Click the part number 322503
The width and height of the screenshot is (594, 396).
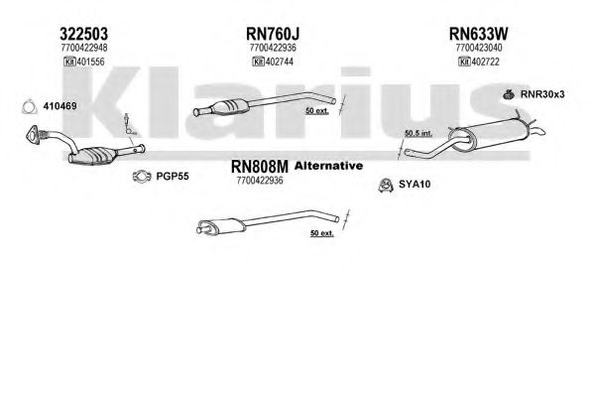[x=83, y=34]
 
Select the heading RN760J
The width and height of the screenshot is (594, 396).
[x=273, y=34]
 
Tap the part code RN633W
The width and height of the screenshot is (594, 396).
[x=478, y=34]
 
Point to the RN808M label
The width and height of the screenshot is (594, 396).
[x=260, y=166]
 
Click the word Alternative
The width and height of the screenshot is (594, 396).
[x=328, y=166]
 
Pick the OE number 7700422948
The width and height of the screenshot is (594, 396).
[x=83, y=48]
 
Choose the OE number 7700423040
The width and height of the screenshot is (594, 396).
[x=479, y=48]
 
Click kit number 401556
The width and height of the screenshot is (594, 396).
[x=90, y=62]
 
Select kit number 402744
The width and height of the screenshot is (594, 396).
[x=280, y=62]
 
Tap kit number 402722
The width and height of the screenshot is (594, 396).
[x=485, y=62]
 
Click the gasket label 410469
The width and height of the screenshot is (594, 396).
[x=59, y=106]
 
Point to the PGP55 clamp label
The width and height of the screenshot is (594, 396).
[x=173, y=176]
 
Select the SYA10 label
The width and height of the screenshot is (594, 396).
[x=415, y=185]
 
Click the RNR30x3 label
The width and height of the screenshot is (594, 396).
[x=542, y=94]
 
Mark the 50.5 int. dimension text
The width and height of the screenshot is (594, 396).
[x=418, y=133]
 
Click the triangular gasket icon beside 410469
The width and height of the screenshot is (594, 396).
[x=29, y=107]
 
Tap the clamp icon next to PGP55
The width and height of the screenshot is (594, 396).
[x=142, y=176]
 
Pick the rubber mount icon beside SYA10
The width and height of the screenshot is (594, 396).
[x=386, y=185]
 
